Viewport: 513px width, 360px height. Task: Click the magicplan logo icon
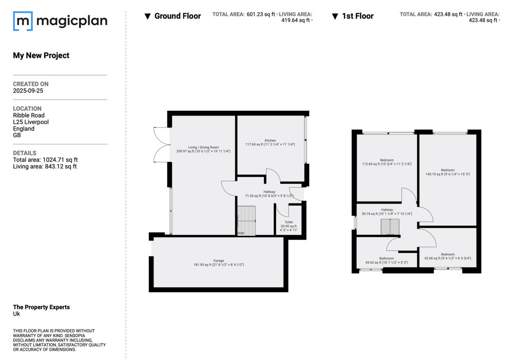coord(23,21)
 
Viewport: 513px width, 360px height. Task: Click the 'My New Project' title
coord(41,55)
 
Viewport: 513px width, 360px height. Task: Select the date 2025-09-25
coord(28,91)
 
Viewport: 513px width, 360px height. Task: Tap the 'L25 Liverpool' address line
coord(31,122)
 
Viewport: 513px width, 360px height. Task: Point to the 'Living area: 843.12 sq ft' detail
coord(45,166)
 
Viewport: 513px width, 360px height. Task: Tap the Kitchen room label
coord(270,141)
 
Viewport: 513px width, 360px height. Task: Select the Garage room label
coord(219,260)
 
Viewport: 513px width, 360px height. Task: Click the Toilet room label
coord(289,223)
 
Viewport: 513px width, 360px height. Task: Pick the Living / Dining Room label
coord(203,148)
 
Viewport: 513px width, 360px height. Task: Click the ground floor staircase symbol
coord(246,220)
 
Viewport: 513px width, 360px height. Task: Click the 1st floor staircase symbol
coord(389,227)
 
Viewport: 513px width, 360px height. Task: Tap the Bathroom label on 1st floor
coord(386,259)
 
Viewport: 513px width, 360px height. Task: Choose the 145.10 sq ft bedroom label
coord(448,170)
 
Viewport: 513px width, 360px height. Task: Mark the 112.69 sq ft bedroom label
coord(386,160)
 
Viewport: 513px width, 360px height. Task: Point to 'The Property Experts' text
coord(41,307)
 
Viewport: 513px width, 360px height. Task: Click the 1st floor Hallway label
coord(387,210)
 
